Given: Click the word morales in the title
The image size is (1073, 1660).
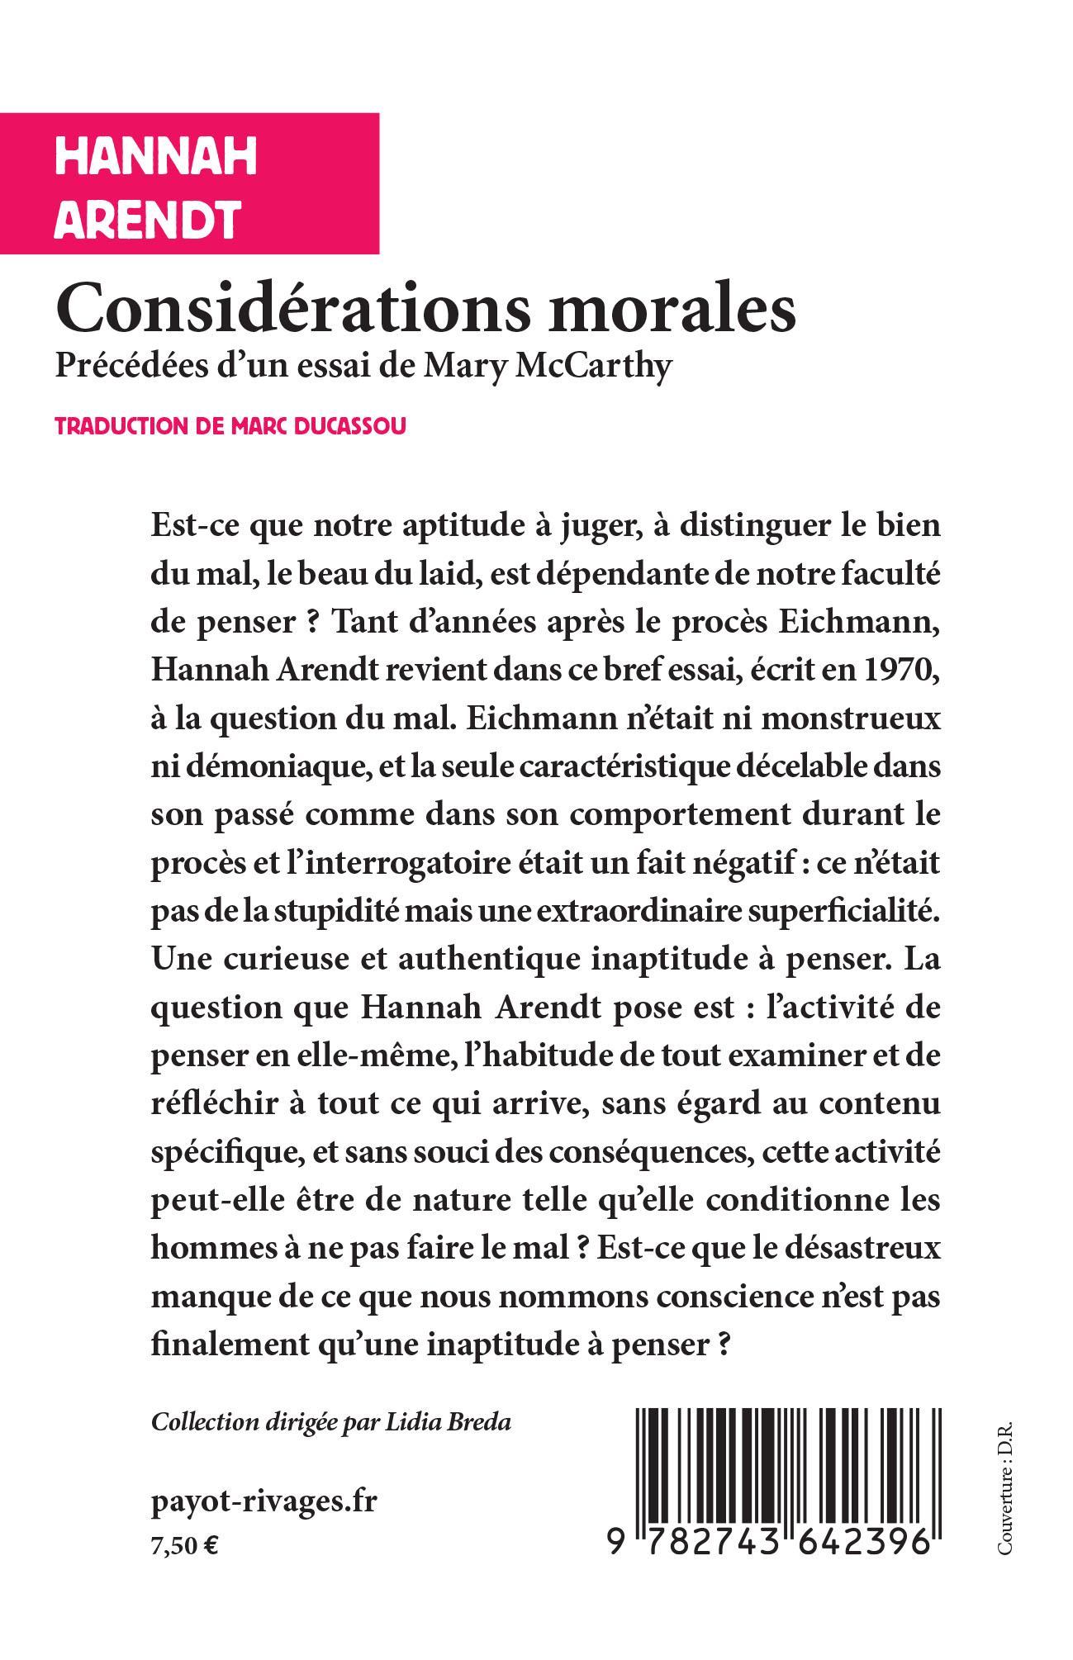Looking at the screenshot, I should (673, 309).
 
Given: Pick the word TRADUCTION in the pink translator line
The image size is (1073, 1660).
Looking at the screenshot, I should (121, 426).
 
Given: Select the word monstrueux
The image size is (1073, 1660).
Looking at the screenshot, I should (851, 718).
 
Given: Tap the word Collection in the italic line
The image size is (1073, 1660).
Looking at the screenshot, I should (205, 1422).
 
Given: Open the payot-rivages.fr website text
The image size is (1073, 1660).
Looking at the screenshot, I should (264, 1501).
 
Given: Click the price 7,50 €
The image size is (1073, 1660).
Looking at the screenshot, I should (184, 1545).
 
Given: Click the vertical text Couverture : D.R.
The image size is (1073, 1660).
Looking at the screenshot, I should (1004, 1487).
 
